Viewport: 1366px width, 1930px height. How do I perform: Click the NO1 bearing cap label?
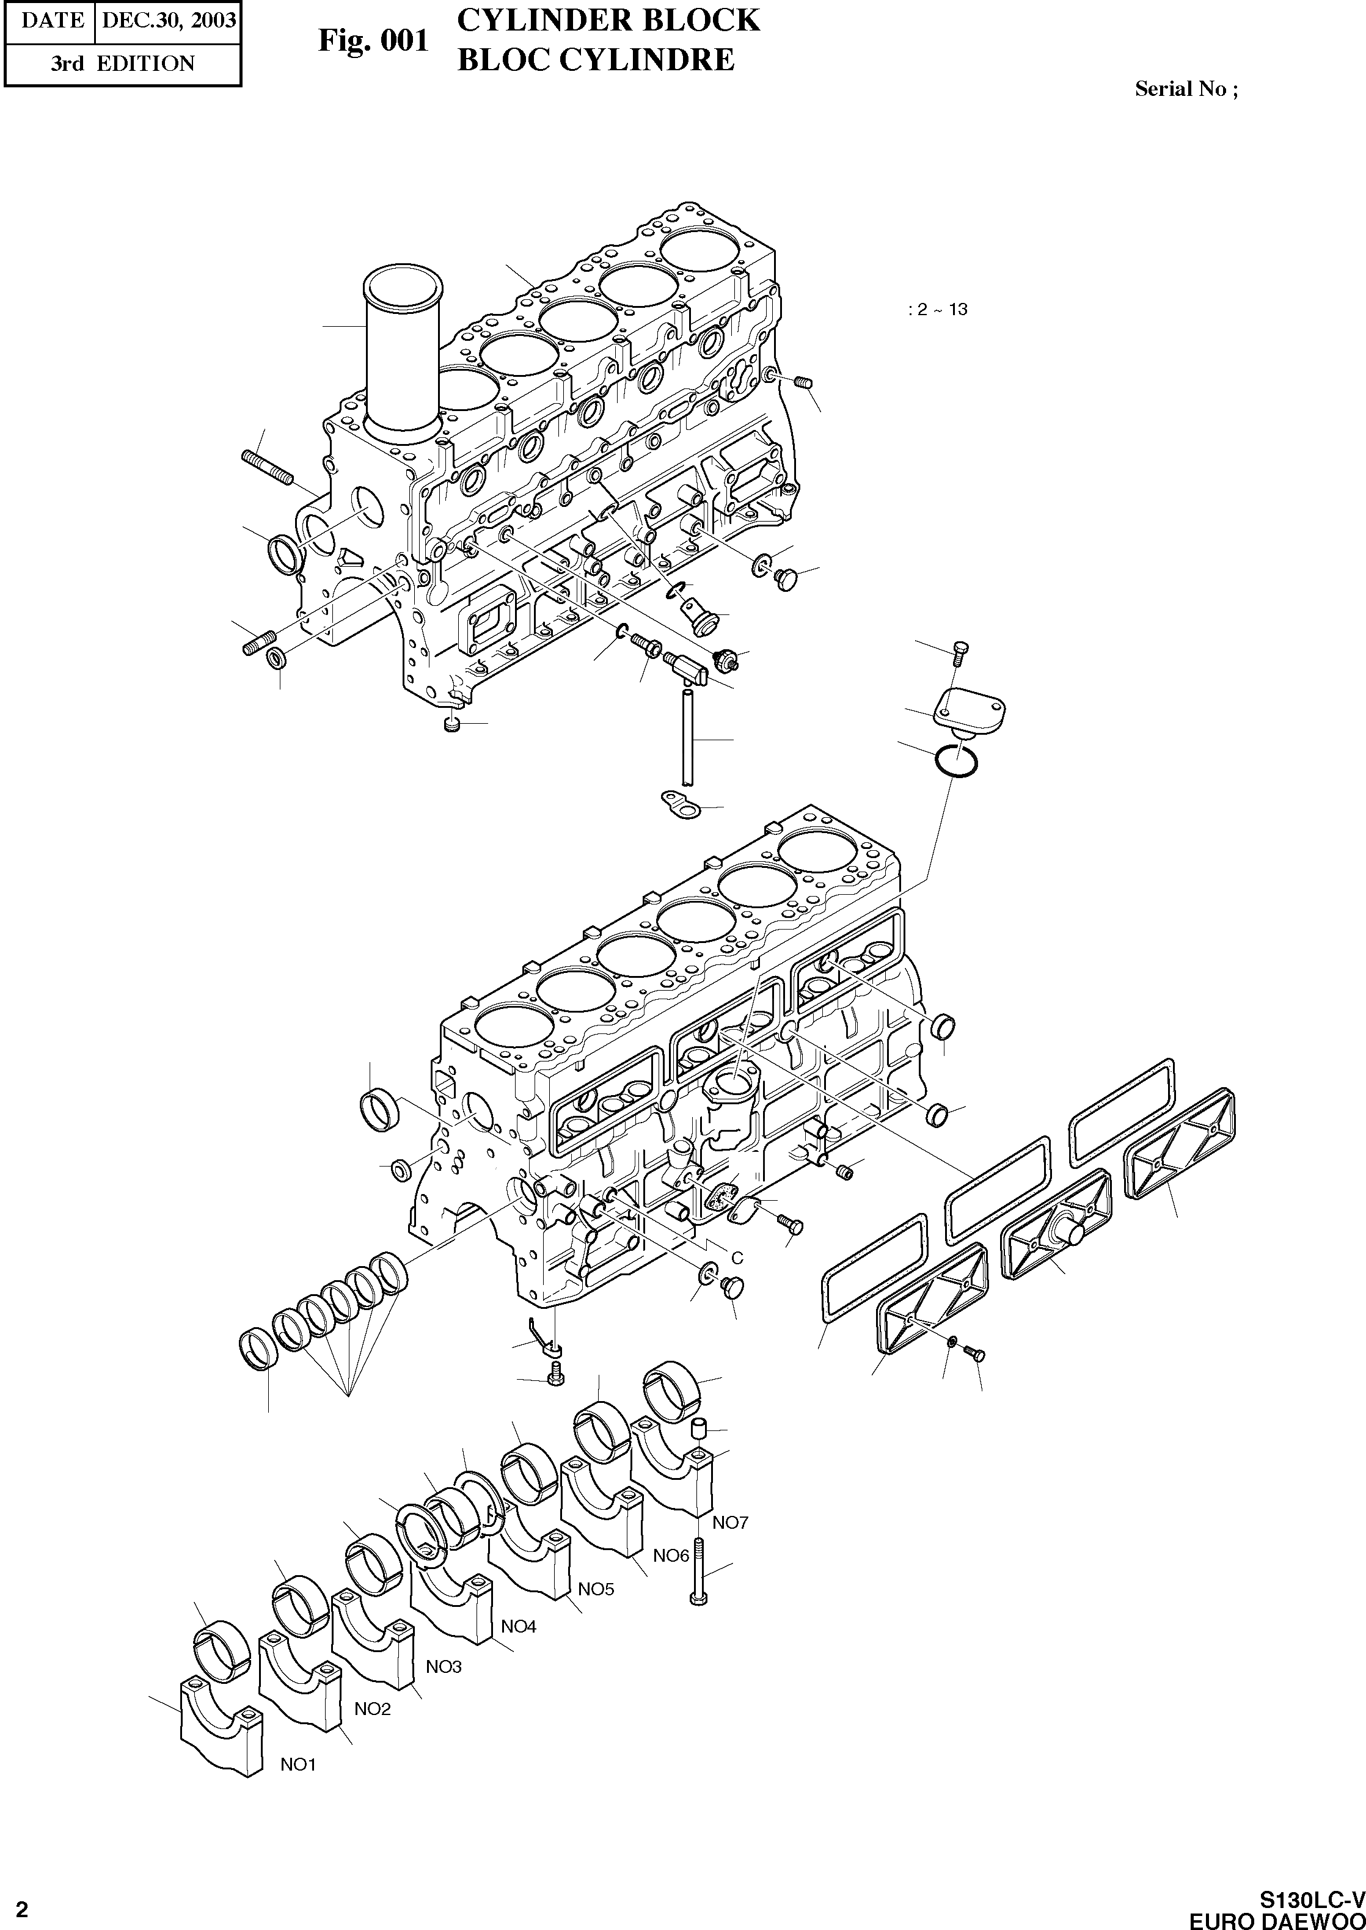click(x=298, y=1765)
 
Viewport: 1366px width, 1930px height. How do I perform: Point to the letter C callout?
click(x=737, y=1258)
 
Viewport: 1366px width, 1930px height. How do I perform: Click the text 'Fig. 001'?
click(x=373, y=40)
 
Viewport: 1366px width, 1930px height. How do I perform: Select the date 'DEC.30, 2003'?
click(x=168, y=20)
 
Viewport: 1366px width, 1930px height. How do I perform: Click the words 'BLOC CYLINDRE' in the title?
click(x=596, y=60)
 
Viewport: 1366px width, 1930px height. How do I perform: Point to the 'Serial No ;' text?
click(x=1186, y=89)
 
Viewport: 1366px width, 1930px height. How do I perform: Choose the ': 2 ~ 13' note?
click(x=938, y=310)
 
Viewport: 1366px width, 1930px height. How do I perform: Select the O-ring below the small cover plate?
click(x=956, y=761)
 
